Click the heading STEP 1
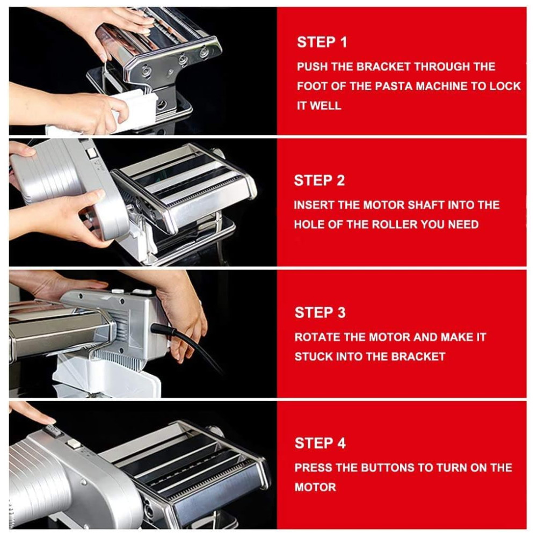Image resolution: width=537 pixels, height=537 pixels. pos(322,42)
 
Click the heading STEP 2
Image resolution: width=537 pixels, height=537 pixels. pos(319,180)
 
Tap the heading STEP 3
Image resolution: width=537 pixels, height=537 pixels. pos(320,313)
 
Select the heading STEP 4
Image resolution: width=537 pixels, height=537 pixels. pos(320,443)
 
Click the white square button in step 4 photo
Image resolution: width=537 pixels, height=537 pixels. pos(74,444)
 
